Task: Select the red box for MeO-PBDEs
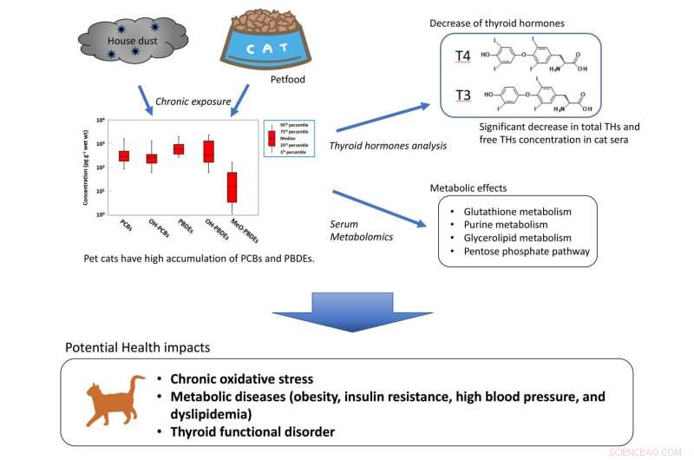click(232, 187)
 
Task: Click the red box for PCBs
click(124, 155)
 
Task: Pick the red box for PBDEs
click(179, 149)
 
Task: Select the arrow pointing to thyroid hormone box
click(383, 118)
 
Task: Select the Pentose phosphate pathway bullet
click(520, 251)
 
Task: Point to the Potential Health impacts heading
click(136, 348)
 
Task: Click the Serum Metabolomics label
click(362, 230)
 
